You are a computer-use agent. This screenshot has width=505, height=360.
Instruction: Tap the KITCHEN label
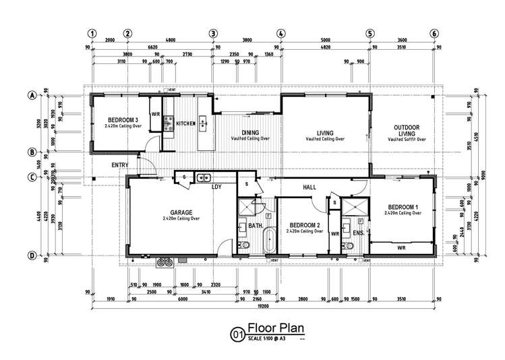click(186, 124)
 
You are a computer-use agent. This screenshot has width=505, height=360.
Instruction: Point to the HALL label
click(309, 187)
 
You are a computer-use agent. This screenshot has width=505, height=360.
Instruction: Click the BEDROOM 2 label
click(303, 225)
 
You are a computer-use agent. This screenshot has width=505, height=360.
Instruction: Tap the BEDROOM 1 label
click(403, 207)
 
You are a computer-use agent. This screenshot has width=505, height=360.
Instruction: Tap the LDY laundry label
click(217, 187)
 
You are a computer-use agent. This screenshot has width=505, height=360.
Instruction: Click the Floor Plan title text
click(276, 328)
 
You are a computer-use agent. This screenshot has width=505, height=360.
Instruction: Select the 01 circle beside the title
click(237, 333)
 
